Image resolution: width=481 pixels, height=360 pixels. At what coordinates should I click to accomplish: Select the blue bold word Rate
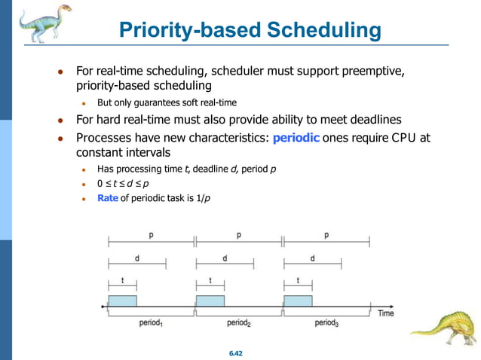108,199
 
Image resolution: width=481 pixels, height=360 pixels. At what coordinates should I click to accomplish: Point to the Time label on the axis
385,313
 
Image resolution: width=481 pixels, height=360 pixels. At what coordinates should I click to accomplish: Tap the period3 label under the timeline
326,323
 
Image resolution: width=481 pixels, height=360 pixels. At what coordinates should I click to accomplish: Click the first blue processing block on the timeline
122,301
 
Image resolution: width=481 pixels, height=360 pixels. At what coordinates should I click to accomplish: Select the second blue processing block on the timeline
210,301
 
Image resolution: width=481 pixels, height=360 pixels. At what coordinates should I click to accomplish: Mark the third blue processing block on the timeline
298,301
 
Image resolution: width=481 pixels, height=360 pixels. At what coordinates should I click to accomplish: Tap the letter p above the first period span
151,235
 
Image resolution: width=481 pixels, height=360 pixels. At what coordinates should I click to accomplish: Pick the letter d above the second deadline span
225,258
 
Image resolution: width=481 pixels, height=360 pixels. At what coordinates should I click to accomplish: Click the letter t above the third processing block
298,280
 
